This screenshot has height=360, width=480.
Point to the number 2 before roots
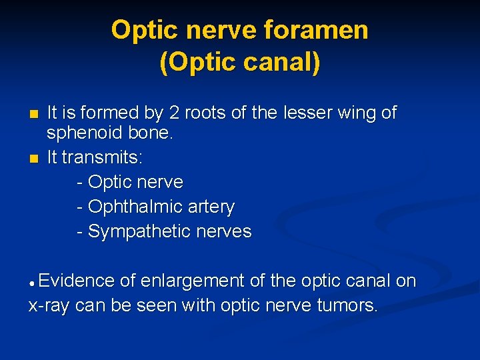pos(171,113)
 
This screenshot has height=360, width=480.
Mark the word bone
pos(153,133)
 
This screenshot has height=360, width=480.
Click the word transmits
pos(105,158)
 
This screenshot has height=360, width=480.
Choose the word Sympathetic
pos(140,232)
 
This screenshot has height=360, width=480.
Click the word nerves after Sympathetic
pos(224,232)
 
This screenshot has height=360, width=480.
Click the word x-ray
pos(49,306)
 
